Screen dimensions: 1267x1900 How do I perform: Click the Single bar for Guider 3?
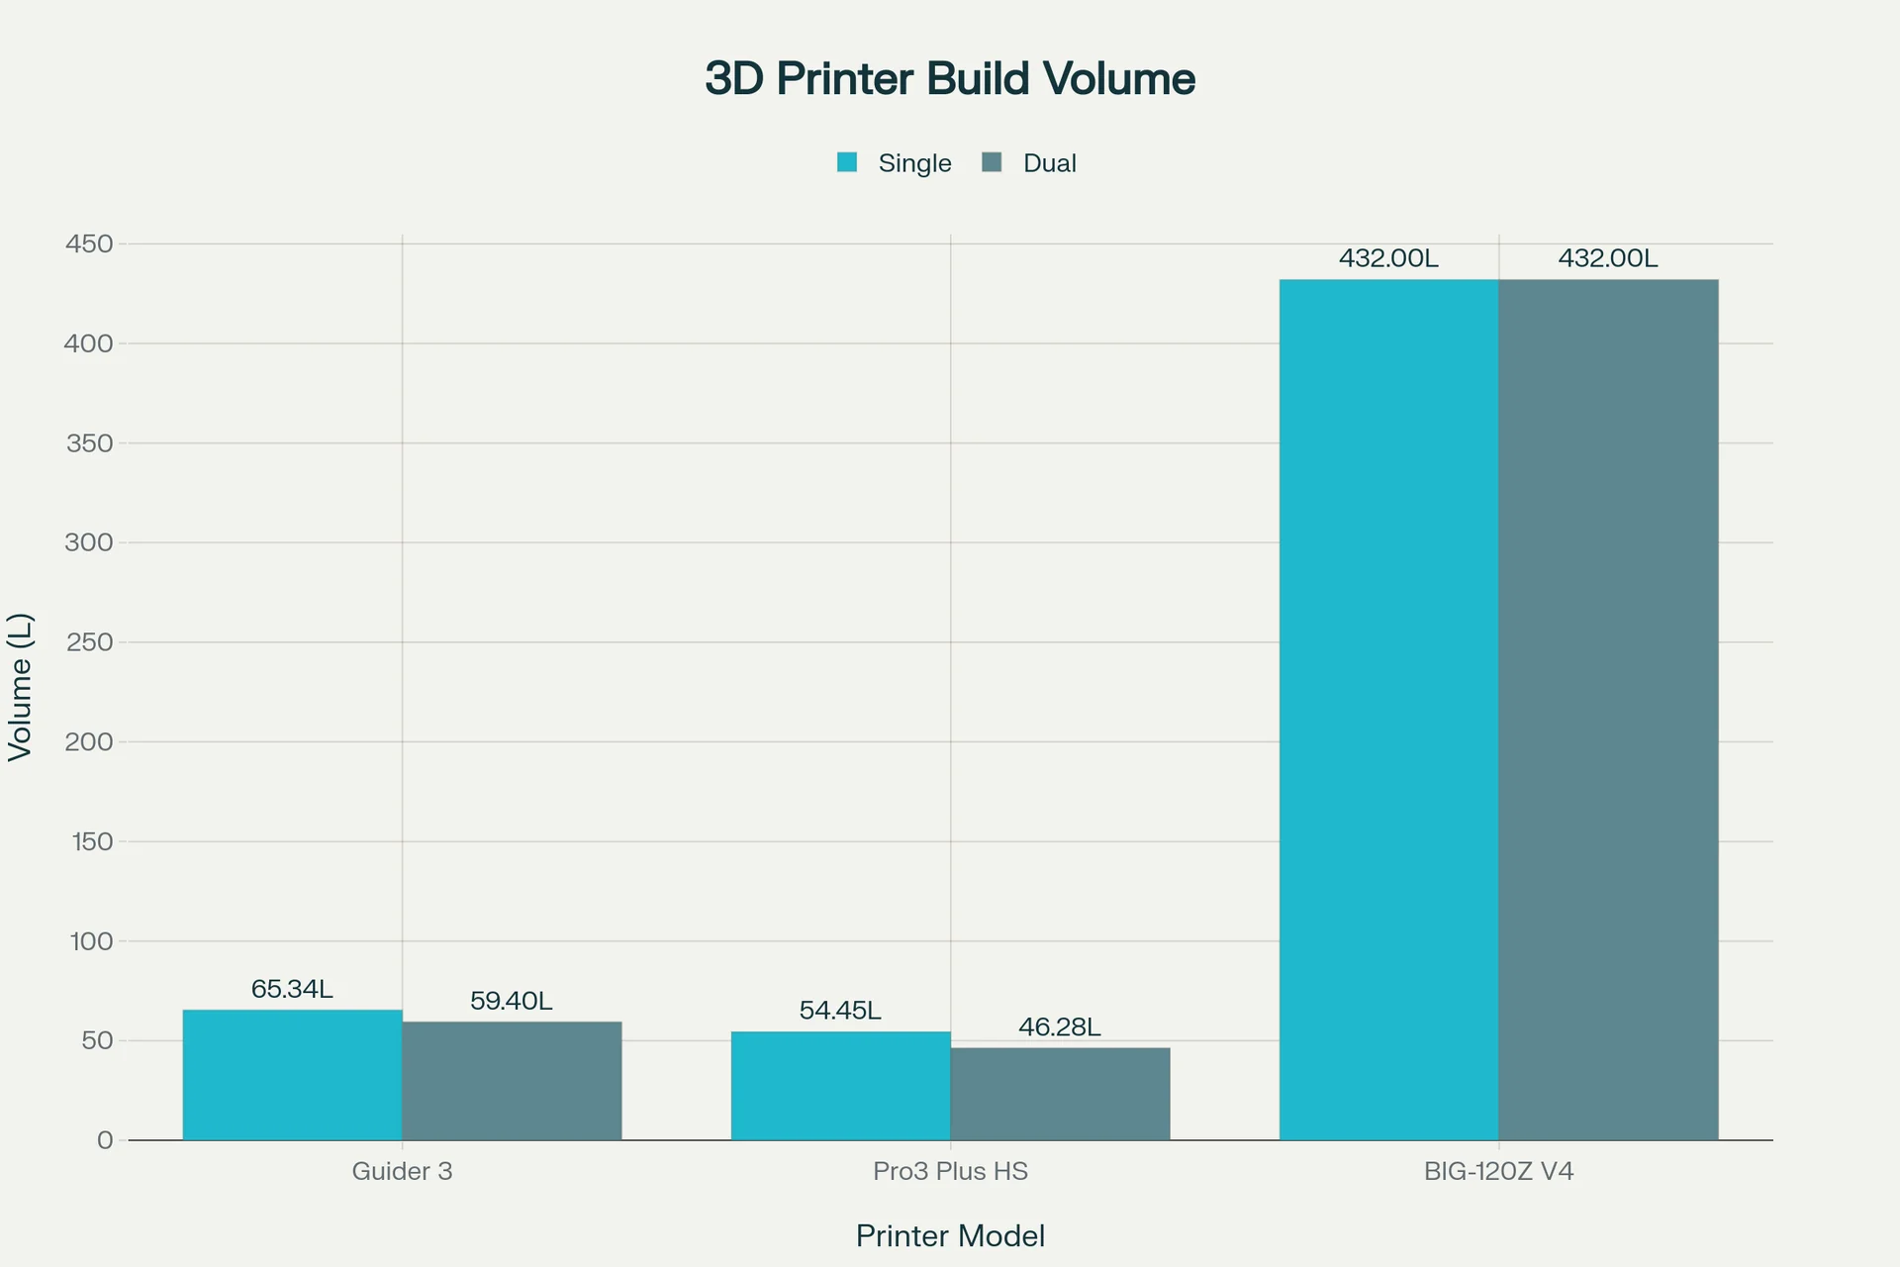click(292, 1075)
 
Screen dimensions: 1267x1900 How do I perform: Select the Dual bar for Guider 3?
click(512, 1081)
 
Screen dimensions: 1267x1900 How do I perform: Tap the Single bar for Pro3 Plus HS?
click(840, 1086)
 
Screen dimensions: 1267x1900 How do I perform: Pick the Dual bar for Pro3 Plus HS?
click(1060, 1094)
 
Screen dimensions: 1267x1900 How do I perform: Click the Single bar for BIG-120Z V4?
click(1388, 710)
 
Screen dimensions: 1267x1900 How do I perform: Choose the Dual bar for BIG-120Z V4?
click(1608, 710)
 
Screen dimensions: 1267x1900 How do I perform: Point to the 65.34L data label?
click(292, 989)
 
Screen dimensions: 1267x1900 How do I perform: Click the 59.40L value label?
click(512, 1001)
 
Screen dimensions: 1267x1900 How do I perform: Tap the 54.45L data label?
click(840, 1011)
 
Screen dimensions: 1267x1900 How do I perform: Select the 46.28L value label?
click(1060, 1027)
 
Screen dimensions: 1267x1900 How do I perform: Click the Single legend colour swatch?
click(847, 162)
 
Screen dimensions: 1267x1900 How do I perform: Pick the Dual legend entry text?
click(1049, 163)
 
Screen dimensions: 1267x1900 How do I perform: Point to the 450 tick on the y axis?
click(89, 244)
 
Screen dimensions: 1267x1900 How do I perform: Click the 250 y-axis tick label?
click(89, 642)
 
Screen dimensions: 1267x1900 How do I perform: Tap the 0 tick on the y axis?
click(105, 1140)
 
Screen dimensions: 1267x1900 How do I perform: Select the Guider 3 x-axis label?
click(402, 1172)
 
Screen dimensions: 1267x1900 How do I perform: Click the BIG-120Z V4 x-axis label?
click(1498, 1172)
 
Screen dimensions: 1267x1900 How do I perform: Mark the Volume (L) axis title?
click(21, 687)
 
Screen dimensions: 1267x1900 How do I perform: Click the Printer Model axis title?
click(950, 1236)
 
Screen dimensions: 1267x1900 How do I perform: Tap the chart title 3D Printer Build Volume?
click(950, 79)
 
